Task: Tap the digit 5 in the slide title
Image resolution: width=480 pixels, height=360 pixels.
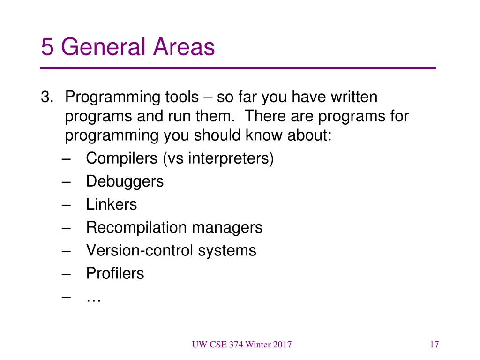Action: click(47, 47)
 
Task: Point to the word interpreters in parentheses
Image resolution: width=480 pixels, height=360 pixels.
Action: click(230, 158)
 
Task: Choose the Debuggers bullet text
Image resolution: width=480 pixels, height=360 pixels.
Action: click(125, 181)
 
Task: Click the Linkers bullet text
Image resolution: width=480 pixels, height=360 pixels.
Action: click(112, 204)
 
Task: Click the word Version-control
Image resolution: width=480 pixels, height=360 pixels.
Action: click(139, 250)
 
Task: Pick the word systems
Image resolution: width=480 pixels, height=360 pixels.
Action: click(227, 250)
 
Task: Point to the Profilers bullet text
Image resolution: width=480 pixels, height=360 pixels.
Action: click(115, 273)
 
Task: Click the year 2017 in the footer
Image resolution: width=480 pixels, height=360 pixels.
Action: click(282, 345)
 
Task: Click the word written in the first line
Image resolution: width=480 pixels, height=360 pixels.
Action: click(354, 97)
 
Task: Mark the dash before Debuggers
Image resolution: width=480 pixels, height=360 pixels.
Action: click(66, 181)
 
